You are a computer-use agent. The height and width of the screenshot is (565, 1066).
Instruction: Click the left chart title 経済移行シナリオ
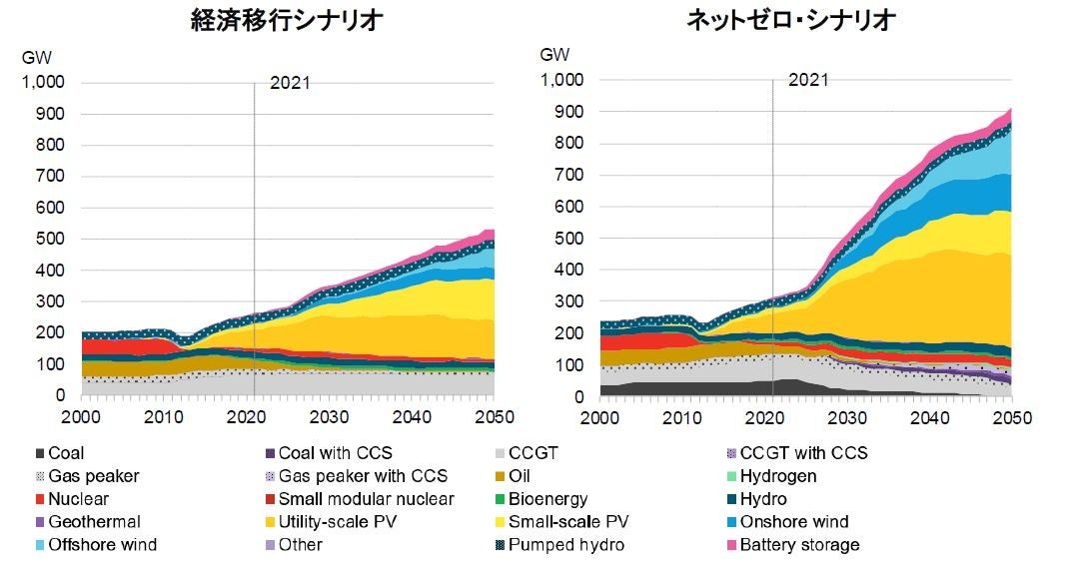pyautogui.click(x=287, y=22)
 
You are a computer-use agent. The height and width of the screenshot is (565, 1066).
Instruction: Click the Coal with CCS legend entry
pyautogui.click(x=336, y=452)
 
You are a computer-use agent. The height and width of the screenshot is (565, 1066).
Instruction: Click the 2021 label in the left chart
pyautogui.click(x=290, y=83)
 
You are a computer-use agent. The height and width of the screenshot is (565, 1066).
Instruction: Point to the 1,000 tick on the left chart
pyautogui.click(x=43, y=83)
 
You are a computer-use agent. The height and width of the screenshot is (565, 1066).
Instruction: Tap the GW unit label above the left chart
pyautogui.click(x=37, y=57)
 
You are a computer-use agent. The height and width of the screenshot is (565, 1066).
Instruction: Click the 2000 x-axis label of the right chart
pyautogui.click(x=600, y=417)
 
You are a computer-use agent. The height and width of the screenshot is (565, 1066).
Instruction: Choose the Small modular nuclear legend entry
pyautogui.click(x=367, y=498)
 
